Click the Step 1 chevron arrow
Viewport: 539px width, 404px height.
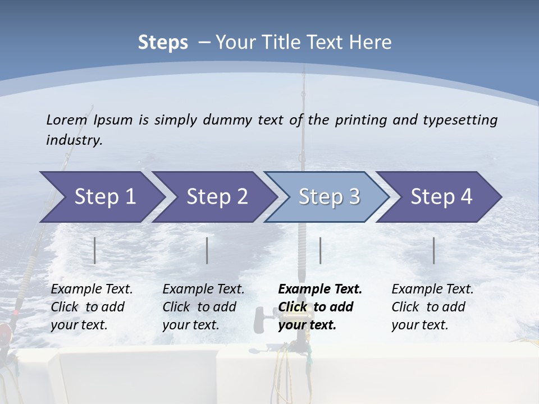click(101, 197)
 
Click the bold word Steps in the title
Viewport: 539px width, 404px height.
click(163, 42)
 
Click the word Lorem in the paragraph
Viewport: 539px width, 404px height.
click(67, 120)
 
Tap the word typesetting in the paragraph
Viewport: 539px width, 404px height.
click(460, 120)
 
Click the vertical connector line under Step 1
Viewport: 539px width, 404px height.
click(95, 250)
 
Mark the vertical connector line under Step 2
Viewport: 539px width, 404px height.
click(207, 250)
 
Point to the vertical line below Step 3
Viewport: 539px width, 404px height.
click(320, 250)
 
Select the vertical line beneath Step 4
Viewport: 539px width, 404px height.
click(434, 250)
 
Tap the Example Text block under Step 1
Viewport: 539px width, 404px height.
click(92, 307)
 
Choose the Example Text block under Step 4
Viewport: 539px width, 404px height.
click(432, 307)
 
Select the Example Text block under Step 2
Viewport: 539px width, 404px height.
click(203, 307)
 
